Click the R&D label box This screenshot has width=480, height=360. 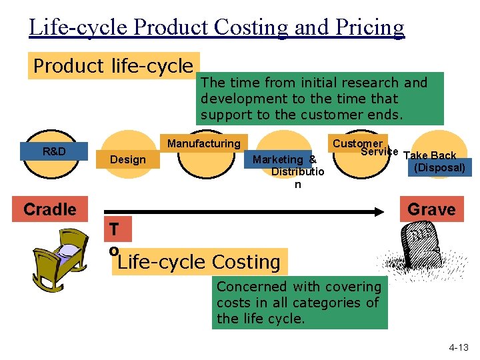(54, 151)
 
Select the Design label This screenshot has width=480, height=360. (128, 159)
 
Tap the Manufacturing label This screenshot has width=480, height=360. (203, 143)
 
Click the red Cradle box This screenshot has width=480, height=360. (50, 209)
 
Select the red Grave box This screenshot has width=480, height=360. (431, 209)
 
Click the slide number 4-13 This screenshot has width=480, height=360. (458, 347)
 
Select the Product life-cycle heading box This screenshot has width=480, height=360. (113, 66)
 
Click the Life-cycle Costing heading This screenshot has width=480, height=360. (199, 262)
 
